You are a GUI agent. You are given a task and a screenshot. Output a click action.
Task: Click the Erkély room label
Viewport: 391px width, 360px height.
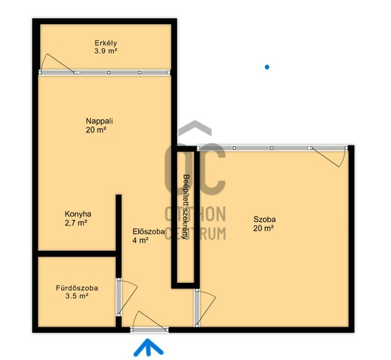[106, 43]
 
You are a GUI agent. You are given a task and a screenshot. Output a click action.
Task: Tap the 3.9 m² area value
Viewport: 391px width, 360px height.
[106, 51]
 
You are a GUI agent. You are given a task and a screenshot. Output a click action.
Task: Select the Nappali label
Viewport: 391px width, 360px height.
[99, 121]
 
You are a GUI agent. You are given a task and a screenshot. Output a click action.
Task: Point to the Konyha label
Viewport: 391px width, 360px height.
[78, 214]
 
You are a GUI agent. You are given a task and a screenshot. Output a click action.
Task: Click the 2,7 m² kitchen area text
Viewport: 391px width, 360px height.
[76, 223]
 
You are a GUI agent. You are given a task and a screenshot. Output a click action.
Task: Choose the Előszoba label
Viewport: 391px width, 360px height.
[149, 231]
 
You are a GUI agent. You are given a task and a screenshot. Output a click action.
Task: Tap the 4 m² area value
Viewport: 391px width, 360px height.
[141, 241]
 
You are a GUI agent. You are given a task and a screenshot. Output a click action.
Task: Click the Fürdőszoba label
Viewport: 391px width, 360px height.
[76, 288]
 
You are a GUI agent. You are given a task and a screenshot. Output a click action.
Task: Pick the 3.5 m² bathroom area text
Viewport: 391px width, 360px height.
[76, 296]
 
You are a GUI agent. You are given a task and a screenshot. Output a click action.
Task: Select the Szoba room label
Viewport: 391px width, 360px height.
[264, 219]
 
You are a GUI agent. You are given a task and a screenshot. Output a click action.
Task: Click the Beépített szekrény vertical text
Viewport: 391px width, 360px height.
[186, 207]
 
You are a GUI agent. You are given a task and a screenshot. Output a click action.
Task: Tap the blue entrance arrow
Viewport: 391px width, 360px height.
[149, 347]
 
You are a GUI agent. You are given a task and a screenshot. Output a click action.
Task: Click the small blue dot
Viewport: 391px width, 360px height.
[267, 67]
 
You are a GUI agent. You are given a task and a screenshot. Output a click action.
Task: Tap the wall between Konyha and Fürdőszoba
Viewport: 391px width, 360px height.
[76, 254]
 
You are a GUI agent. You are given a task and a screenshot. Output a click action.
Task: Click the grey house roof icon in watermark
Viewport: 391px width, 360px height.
[195, 127]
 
